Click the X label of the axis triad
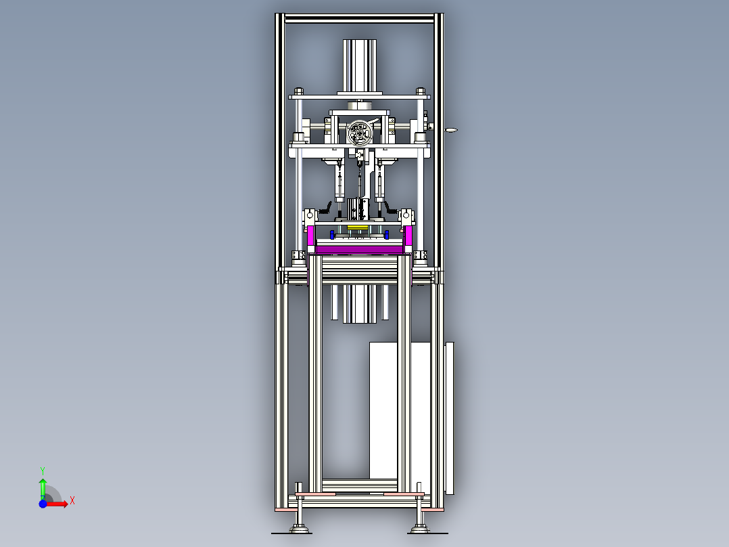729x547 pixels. (x=72, y=501)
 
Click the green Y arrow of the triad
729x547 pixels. (x=43, y=488)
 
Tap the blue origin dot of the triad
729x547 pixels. (x=43, y=504)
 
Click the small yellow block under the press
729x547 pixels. (x=358, y=227)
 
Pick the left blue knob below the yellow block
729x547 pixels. (x=332, y=234)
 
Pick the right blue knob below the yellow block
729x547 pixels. (x=386, y=234)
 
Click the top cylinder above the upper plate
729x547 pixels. (x=359, y=66)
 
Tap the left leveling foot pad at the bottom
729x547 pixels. (x=299, y=529)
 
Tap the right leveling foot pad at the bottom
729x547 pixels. (x=420, y=529)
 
